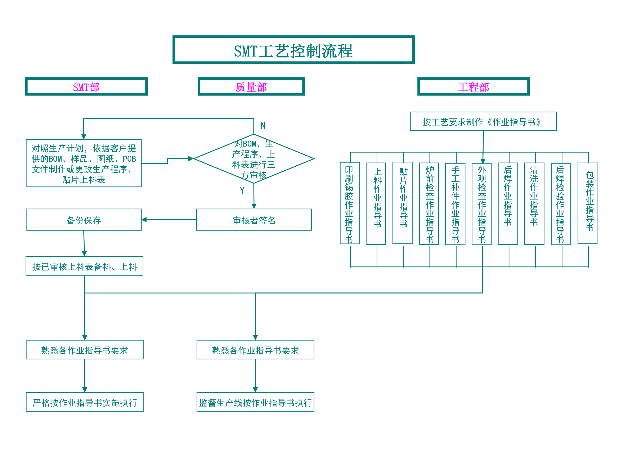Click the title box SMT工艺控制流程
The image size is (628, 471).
pos(293,50)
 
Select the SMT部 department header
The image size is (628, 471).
pos(86,87)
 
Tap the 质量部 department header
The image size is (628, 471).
pos(251,87)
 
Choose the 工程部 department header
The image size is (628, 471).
pos(473,87)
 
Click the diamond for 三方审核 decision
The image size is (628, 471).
pos(254,159)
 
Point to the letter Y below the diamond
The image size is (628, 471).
pos(242,190)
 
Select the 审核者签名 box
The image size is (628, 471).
pos(254,220)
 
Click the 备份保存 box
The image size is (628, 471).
pos(84,220)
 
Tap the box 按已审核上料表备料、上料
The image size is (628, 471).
pos(84,266)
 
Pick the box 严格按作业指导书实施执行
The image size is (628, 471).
pos(85,402)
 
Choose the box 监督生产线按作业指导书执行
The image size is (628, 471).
pos(255,402)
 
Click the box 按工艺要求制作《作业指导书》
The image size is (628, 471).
pos(483,121)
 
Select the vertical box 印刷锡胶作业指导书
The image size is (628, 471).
pos(350,203)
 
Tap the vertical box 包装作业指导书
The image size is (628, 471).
pos(587,203)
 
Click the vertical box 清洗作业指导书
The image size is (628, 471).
pos(534,203)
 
